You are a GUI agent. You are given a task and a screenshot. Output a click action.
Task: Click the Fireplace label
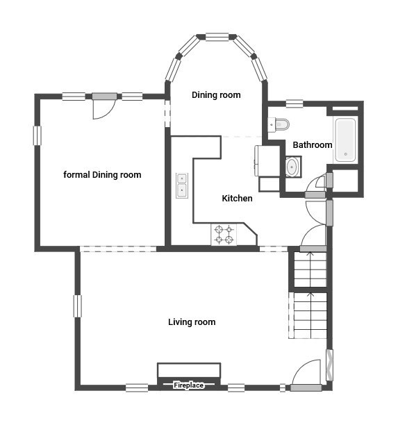pyautogui.click(x=188, y=385)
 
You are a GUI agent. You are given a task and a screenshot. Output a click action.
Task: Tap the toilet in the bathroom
pyautogui.click(x=279, y=124)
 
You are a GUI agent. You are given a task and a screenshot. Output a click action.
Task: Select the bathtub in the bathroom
pyautogui.click(x=345, y=140)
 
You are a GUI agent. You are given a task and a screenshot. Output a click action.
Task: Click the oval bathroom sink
pyautogui.click(x=292, y=167)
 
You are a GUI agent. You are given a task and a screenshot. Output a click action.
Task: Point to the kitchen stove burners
pyautogui.click(x=224, y=235)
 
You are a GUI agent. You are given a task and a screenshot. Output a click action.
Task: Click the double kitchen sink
pyautogui.click(x=182, y=185)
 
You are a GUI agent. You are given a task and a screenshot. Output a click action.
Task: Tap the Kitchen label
pyautogui.click(x=237, y=198)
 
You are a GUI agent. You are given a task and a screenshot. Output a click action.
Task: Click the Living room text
pyautogui.click(x=192, y=322)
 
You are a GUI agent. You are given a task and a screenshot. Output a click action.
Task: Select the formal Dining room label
pyautogui.click(x=102, y=175)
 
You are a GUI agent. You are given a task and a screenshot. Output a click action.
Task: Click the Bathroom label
pyautogui.click(x=313, y=144)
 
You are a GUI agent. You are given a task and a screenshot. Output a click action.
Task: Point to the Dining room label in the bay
pyautogui.click(x=216, y=95)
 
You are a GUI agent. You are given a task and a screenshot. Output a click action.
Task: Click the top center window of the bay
pyautogui.click(x=217, y=37)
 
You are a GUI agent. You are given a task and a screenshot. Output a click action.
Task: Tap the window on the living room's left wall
pyautogui.click(x=78, y=306)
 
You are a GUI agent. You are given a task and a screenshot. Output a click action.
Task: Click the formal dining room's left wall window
pyautogui.click(x=38, y=135)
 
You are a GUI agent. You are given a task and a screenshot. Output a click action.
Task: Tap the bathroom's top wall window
pyautogui.click(x=295, y=103)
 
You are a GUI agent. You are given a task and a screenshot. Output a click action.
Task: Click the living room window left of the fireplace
pyautogui.click(x=137, y=388)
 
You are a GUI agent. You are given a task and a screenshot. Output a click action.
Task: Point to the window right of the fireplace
pyautogui.click(x=236, y=388)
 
